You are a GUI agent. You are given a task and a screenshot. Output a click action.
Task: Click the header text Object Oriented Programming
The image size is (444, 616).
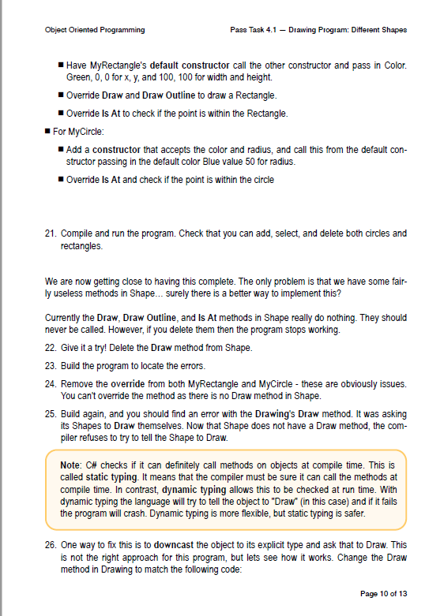click(95, 30)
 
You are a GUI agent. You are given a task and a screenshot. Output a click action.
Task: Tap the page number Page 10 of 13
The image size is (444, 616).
click(383, 593)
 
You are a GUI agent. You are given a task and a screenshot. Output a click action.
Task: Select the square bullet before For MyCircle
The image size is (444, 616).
click(48, 131)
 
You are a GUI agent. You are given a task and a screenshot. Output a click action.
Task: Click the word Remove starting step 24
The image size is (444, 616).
click(76, 383)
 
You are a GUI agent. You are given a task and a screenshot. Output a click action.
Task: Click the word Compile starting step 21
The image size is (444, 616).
click(77, 233)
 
